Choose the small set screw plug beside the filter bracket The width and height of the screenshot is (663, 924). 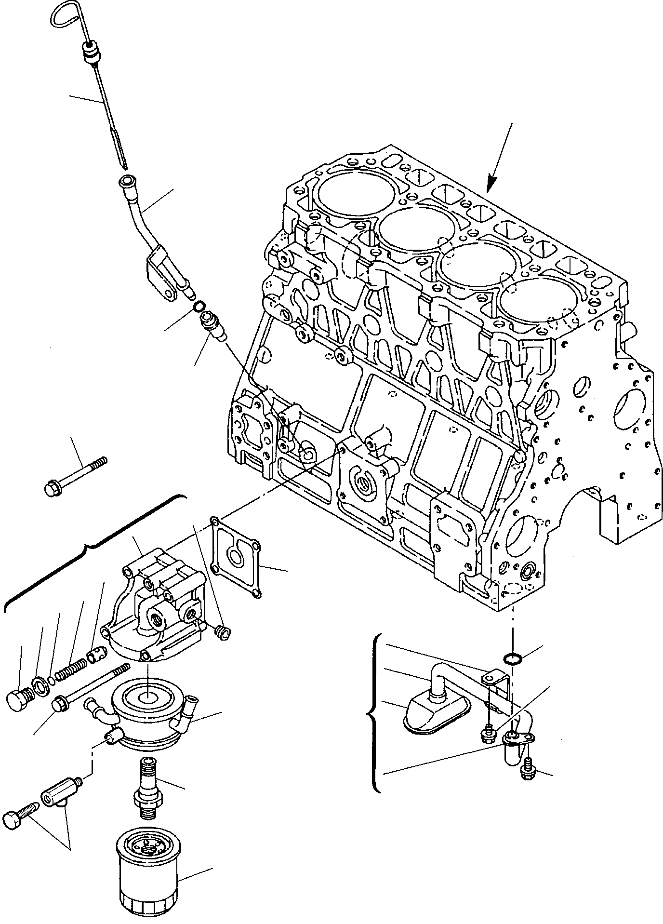[224, 633]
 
